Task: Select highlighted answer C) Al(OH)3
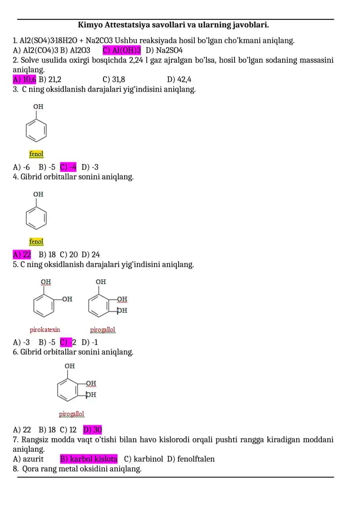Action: click(x=122, y=50)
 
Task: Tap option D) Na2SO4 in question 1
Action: click(x=164, y=50)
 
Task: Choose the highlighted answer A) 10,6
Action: click(x=24, y=80)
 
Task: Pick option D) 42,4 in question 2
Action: click(x=179, y=80)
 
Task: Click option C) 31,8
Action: click(x=114, y=80)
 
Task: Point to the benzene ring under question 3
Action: click(x=36, y=130)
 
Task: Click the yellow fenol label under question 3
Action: click(x=36, y=154)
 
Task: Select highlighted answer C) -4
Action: click(x=68, y=167)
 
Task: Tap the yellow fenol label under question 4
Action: click(x=36, y=242)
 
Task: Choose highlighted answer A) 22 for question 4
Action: click(x=22, y=255)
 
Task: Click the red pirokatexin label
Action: click(x=45, y=330)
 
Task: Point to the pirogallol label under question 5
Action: click(x=103, y=330)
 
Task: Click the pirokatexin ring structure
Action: click(x=44, y=306)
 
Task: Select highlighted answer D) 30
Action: click(x=93, y=430)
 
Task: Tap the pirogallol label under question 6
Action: click(x=72, y=414)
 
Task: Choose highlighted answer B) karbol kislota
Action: click(x=89, y=459)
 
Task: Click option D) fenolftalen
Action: click(x=191, y=459)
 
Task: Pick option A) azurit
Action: click(x=28, y=459)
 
